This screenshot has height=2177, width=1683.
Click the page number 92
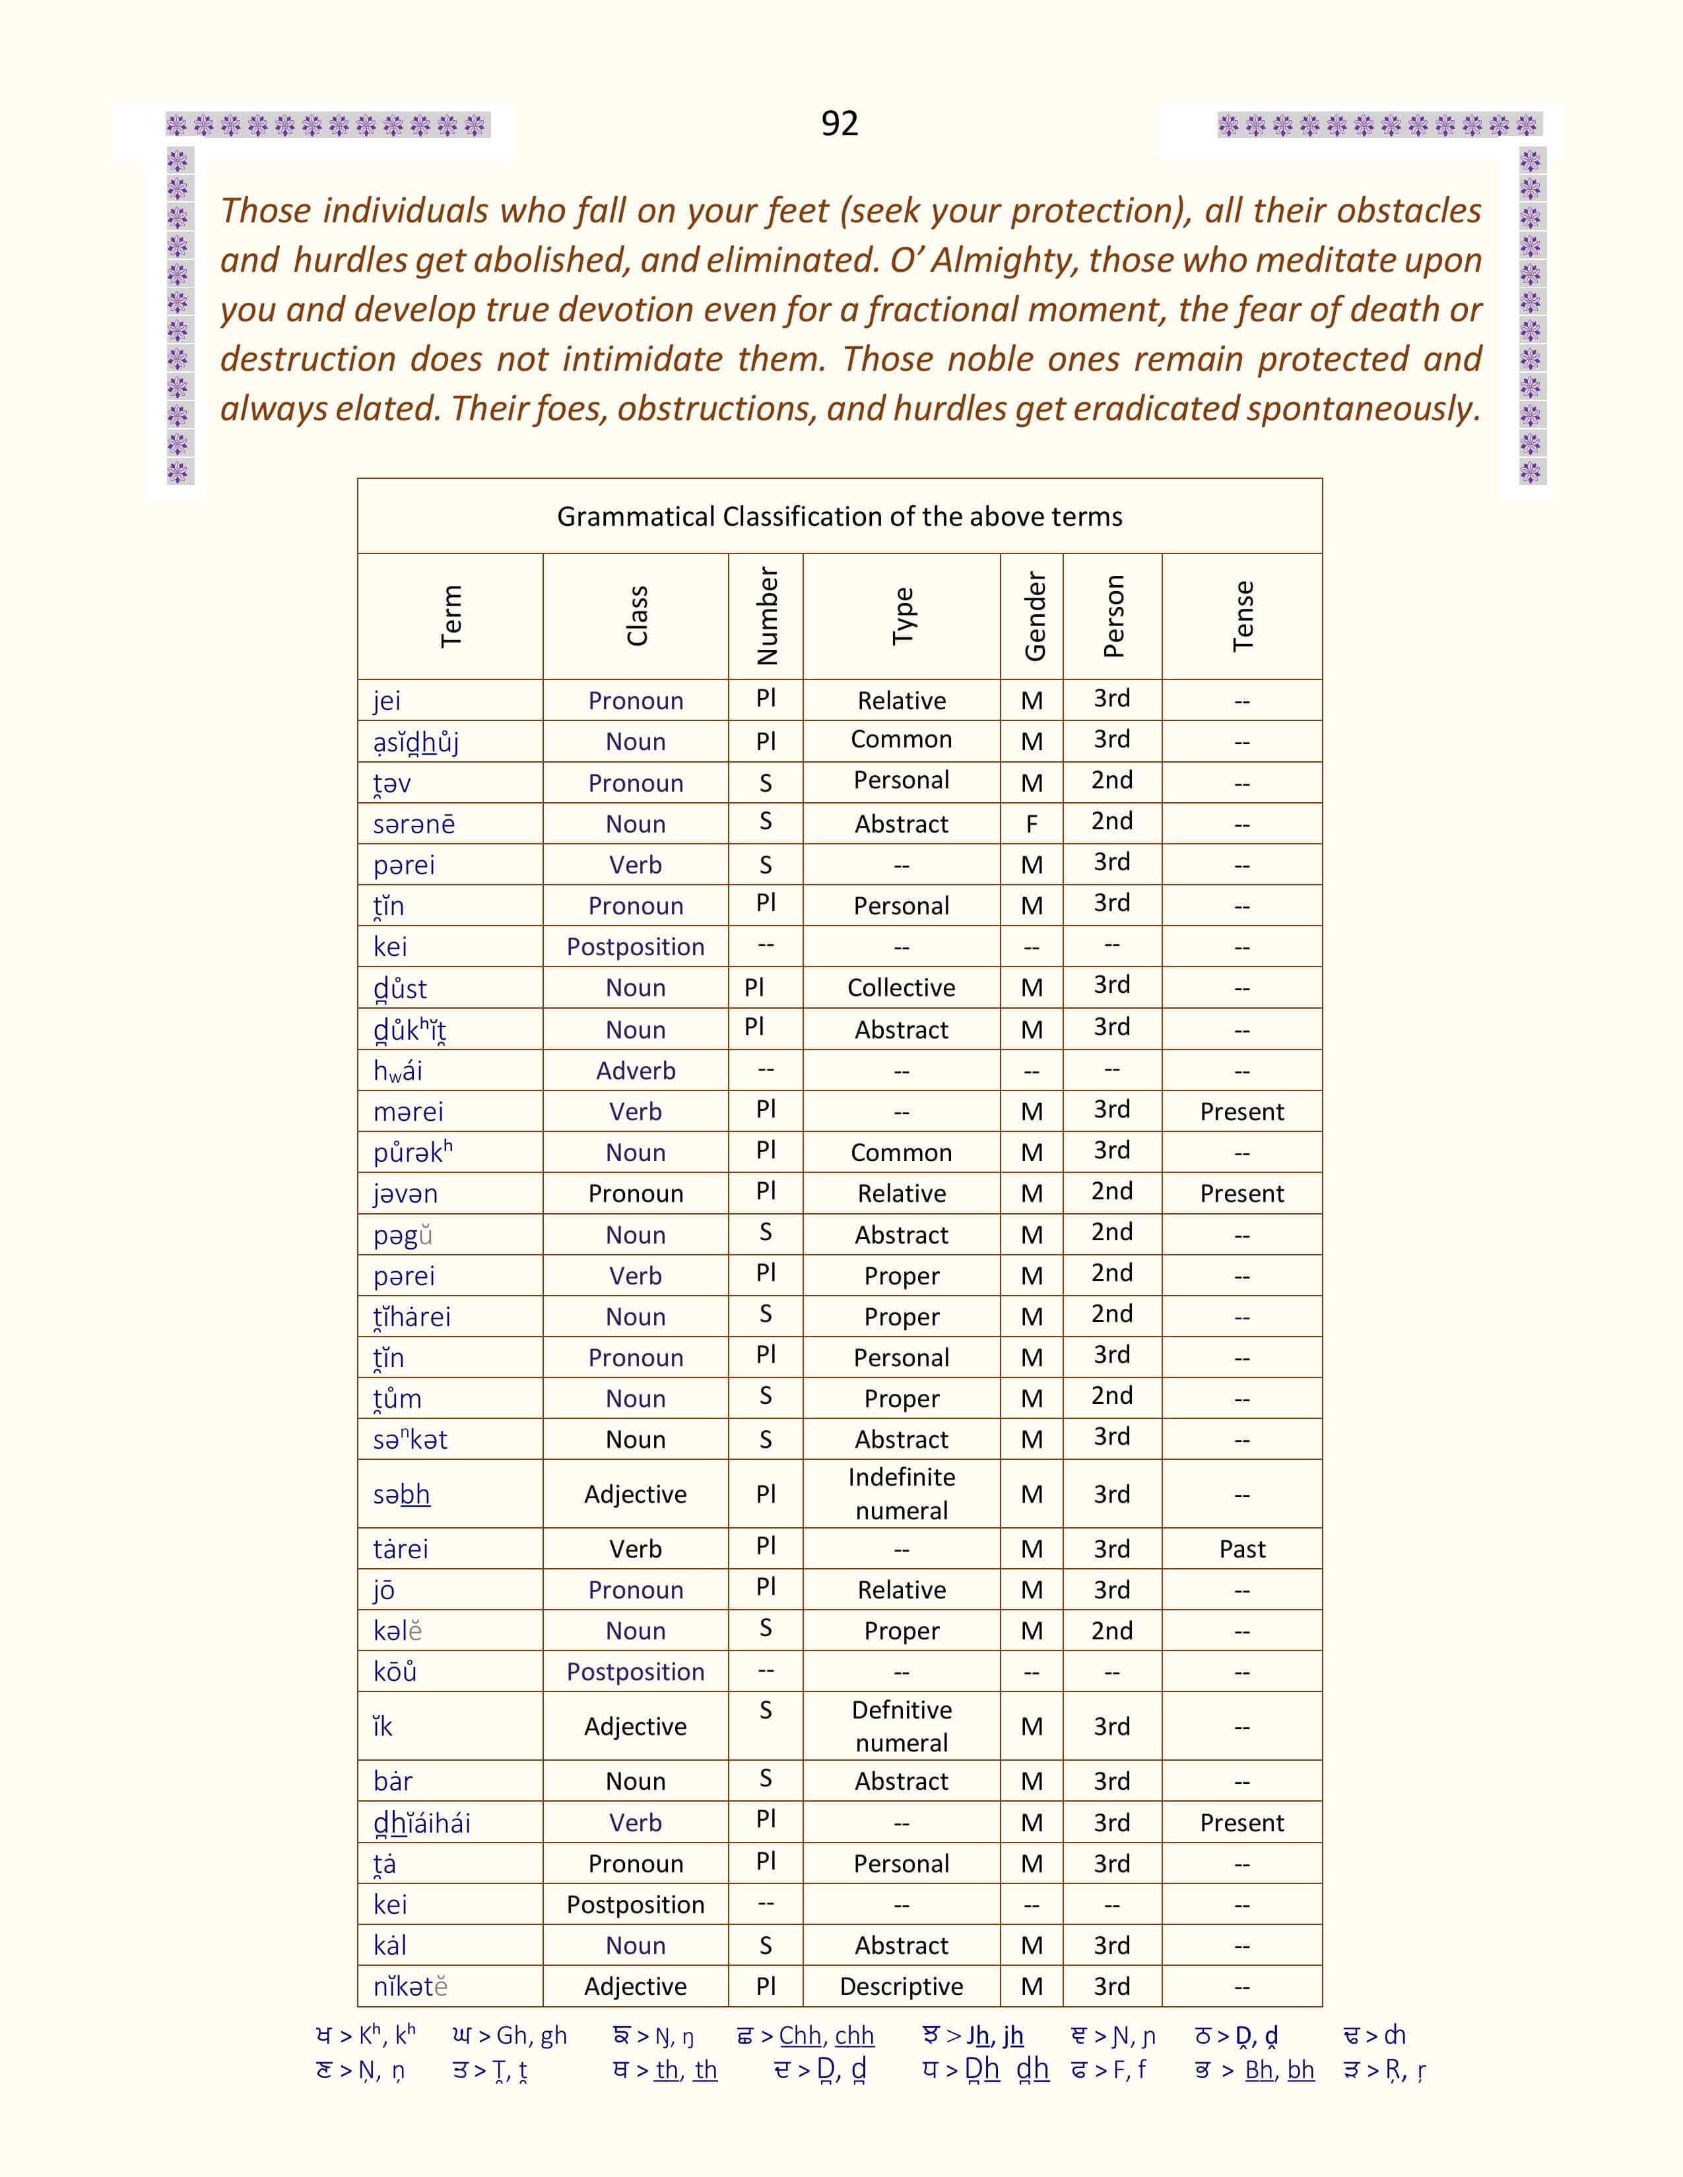pos(840,123)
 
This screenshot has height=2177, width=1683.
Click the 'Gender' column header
pos(1034,616)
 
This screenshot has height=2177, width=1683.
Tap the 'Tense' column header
pos(1242,616)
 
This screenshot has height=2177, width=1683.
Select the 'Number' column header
pos(766,616)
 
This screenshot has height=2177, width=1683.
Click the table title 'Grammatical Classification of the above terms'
pos(840,517)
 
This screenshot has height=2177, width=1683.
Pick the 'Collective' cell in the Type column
pos(902,988)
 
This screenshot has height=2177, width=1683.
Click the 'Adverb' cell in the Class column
pos(635,1071)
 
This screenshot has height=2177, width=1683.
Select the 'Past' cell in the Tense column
pos(1241,1549)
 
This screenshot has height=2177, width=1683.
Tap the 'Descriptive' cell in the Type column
pos(902,1986)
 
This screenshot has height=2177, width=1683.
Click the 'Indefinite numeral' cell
pos(902,1493)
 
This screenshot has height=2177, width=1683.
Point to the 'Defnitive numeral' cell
pos(902,1726)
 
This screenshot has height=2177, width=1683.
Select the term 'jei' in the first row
pos(387,701)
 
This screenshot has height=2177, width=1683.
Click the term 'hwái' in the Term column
pos(398,1071)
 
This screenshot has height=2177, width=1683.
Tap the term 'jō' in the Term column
pos(384,1590)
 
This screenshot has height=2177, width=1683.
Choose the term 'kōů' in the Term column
pos(395,1672)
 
